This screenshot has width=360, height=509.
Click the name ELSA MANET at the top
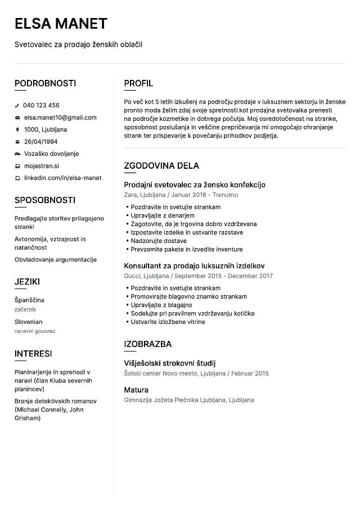point(61,24)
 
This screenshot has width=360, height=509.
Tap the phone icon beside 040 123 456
point(17,105)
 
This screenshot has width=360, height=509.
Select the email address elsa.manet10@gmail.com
point(60,118)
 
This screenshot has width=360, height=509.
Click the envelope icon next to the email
point(17,118)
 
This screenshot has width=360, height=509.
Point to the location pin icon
point(17,129)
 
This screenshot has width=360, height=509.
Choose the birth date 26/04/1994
point(40,142)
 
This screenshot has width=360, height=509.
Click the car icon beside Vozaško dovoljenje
point(17,154)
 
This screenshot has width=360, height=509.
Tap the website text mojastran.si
point(42,166)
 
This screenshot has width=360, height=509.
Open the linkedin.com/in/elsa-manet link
point(62,178)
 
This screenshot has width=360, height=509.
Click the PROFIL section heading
point(138,84)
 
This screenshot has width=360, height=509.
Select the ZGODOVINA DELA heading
point(161,166)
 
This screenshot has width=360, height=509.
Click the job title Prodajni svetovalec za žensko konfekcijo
point(194,184)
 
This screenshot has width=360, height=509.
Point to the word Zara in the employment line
point(130,195)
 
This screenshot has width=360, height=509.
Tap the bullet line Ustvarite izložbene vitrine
point(168,322)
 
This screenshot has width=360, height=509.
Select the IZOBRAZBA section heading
point(147,344)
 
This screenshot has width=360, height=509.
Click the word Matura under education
point(136,390)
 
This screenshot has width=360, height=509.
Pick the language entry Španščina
point(29,300)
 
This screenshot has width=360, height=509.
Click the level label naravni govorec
point(35,331)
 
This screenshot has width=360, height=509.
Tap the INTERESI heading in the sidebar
point(33,354)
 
